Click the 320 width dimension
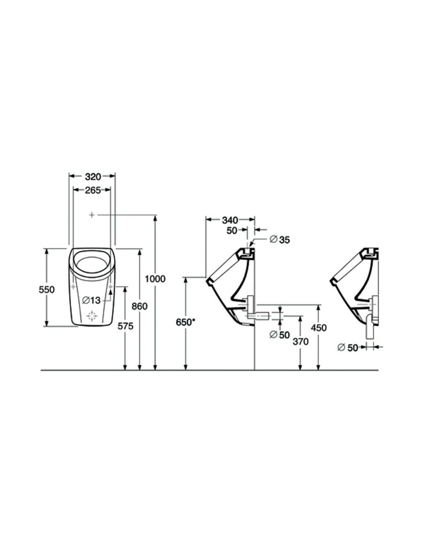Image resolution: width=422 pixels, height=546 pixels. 92,177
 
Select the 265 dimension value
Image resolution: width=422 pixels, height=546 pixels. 92,190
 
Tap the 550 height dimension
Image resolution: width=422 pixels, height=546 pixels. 47,290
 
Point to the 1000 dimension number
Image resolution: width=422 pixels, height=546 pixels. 155,279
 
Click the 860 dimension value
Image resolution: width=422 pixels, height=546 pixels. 139,306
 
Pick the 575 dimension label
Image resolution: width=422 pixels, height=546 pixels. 125,326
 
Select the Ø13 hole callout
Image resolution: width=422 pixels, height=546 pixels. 91,300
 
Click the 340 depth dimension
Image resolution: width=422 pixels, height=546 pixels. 230,220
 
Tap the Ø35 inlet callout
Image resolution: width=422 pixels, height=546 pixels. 280,240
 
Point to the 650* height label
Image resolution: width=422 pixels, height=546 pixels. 186,322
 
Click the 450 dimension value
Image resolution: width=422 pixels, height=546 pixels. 319,328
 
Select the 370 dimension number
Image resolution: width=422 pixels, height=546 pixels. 300,341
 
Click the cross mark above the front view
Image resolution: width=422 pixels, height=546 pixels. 92,215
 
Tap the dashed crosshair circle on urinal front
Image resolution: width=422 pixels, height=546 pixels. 92,316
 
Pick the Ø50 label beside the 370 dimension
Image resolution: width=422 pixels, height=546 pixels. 280,335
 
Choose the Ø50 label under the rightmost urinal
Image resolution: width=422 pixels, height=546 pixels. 348,347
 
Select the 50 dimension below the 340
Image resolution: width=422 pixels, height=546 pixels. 232,231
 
